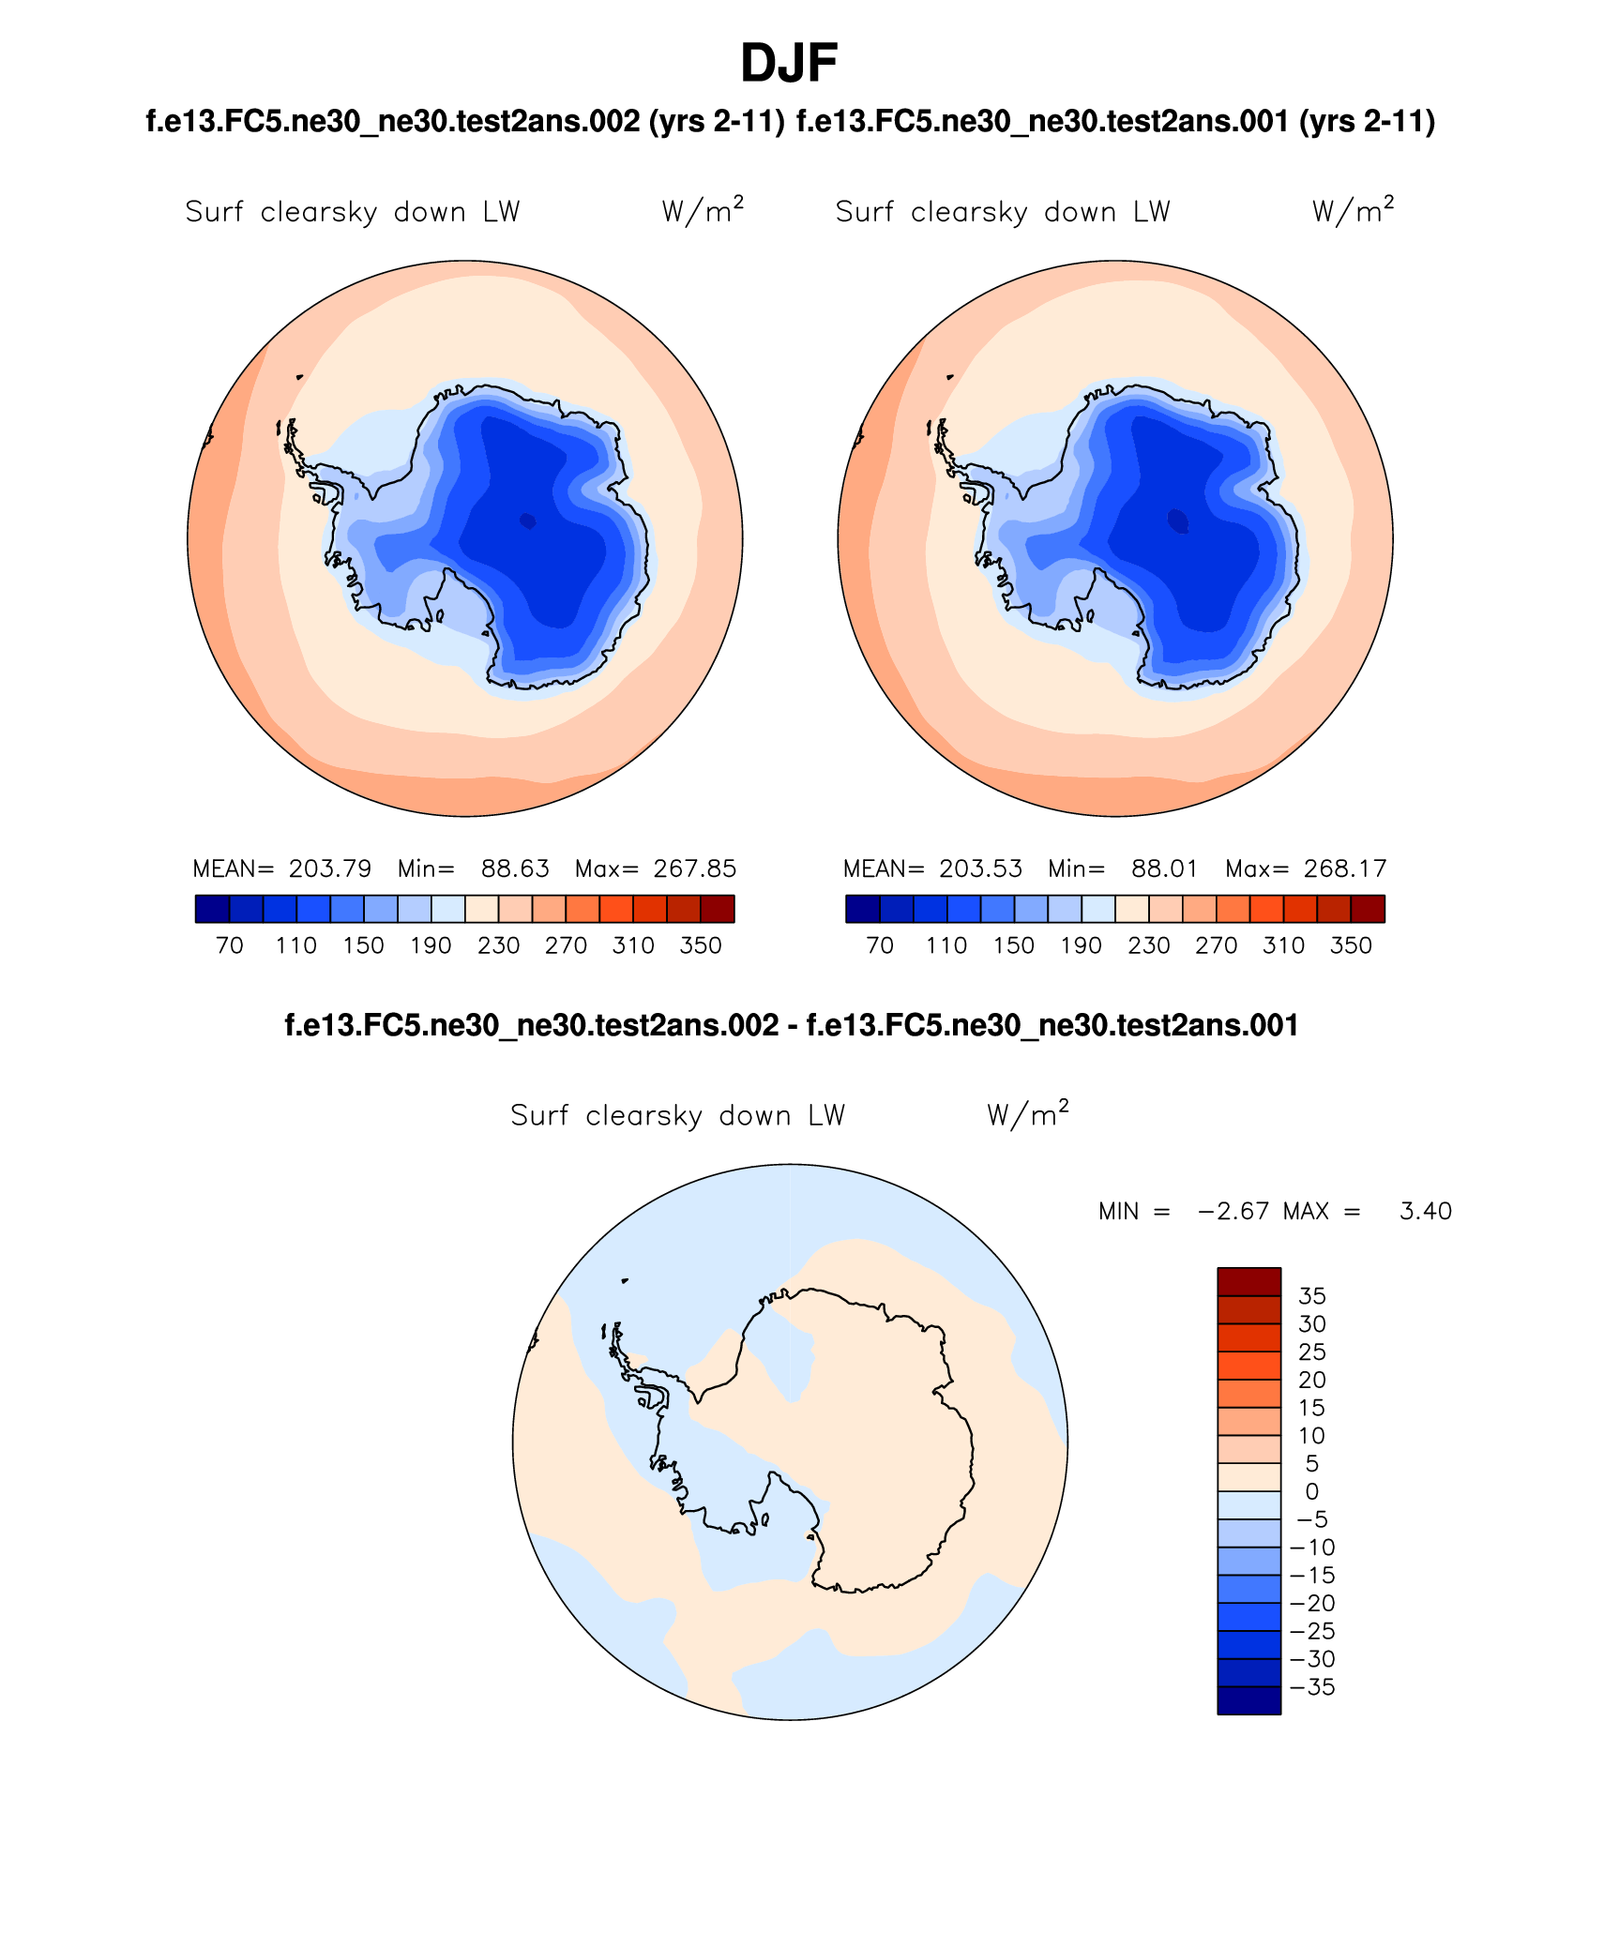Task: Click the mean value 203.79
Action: (330, 868)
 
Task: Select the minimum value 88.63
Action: (515, 868)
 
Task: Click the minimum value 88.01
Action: (1164, 868)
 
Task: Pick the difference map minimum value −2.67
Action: (1233, 1211)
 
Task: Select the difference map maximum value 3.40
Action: (1425, 1211)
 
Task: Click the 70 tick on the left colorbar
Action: (230, 945)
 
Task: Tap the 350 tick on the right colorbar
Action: (1351, 945)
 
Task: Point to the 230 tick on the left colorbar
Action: (498, 945)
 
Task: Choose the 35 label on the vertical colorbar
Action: (1311, 1296)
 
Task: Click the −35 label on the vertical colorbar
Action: (1312, 1687)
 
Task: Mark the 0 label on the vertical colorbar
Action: (1311, 1491)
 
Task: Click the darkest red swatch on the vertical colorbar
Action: (1248, 1281)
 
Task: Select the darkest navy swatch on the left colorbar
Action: (212, 909)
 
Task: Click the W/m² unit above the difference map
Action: (1027, 1114)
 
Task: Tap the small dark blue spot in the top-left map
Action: (528, 521)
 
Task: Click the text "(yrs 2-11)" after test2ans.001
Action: (1367, 121)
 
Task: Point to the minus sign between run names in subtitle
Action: (793, 1025)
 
